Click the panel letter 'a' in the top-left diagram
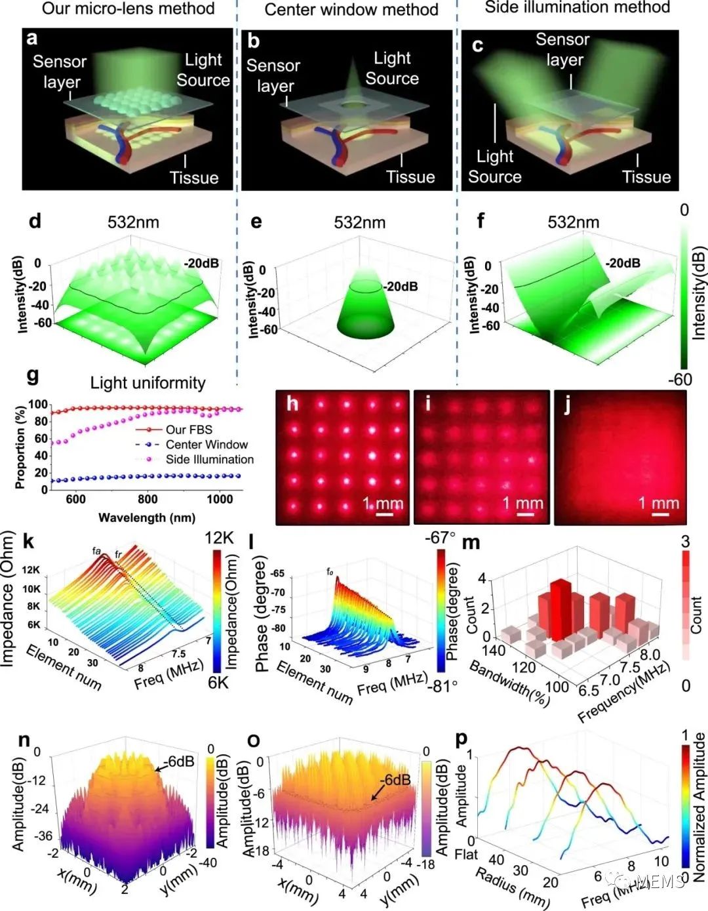(32, 38)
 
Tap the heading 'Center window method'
(351, 10)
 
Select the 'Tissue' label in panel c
(646, 177)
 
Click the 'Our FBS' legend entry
(189, 430)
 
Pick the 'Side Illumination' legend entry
(209, 460)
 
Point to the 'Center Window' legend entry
(206, 445)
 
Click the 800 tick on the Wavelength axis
(147, 499)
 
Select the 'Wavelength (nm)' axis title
(147, 518)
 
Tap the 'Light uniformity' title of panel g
(147, 383)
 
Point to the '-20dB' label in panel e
(401, 287)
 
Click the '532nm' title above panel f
(574, 222)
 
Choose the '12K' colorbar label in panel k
(219, 538)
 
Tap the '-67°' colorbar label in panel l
(441, 538)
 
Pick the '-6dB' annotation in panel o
(395, 780)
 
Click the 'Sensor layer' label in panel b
(273, 76)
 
